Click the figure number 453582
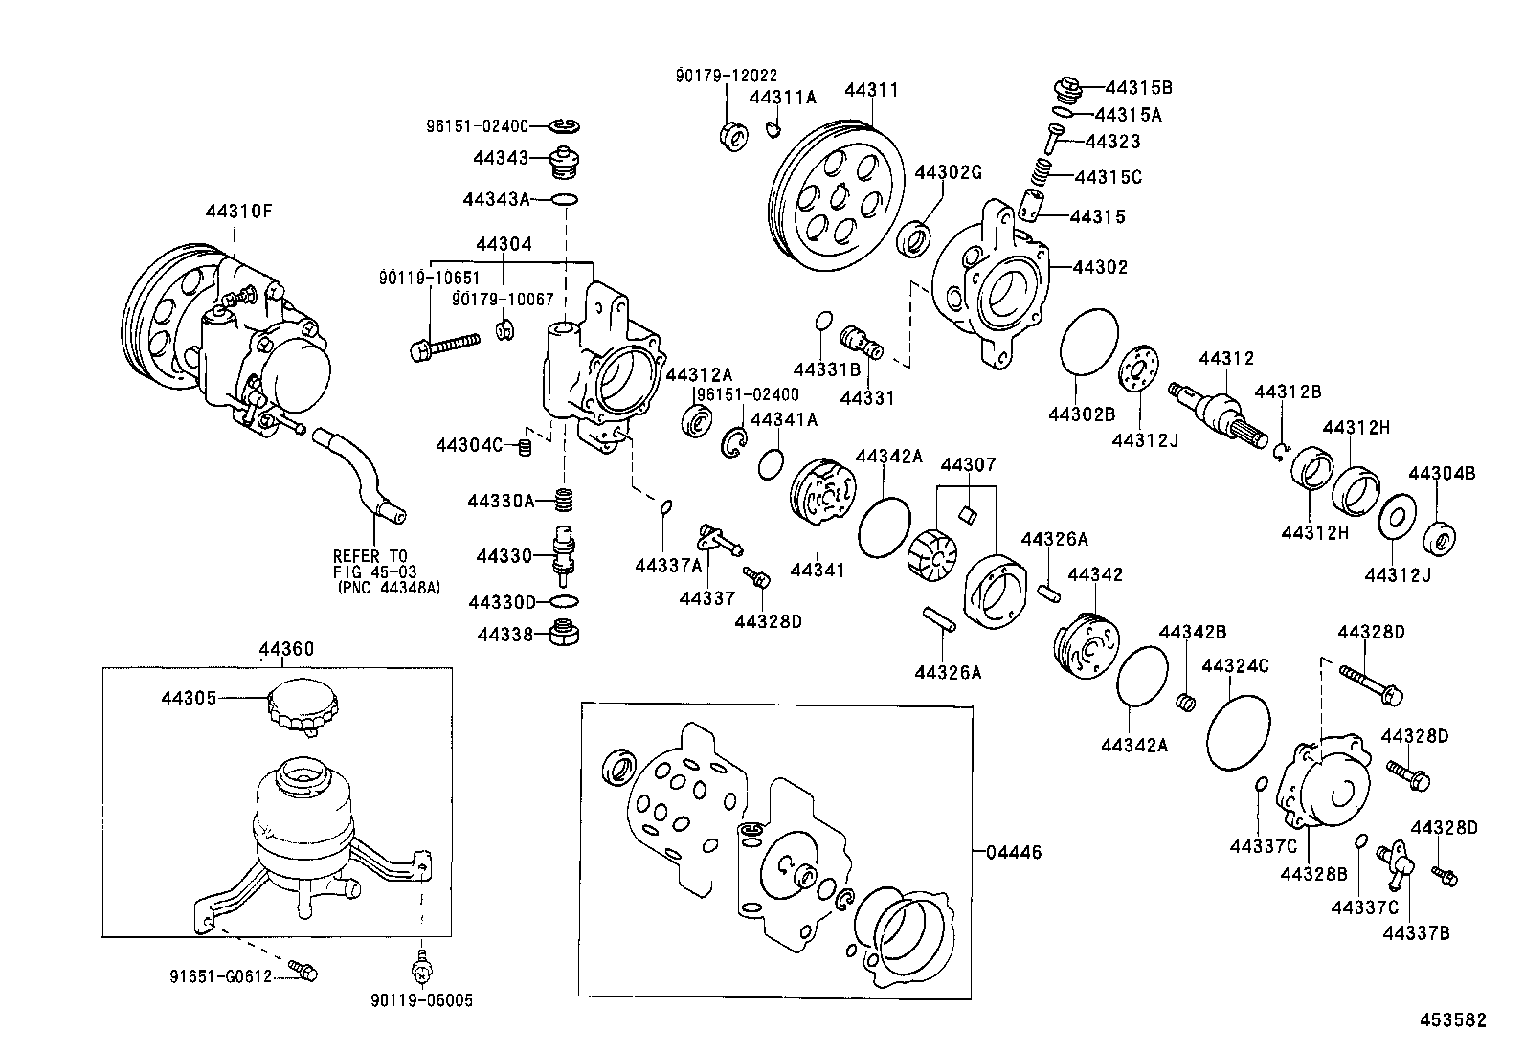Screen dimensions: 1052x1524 pos(1452,1020)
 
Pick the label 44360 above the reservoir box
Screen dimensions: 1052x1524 pos(286,649)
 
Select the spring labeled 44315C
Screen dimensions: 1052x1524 pos(1046,172)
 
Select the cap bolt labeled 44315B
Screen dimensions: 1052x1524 pos(1067,89)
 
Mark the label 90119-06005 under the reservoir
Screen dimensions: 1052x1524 pos(421,1000)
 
